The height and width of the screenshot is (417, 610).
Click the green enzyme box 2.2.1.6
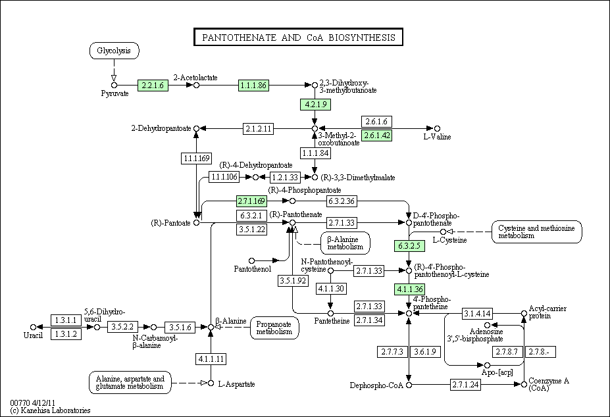153,86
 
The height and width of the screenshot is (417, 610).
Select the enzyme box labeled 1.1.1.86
253,86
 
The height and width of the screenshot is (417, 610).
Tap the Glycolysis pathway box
114,51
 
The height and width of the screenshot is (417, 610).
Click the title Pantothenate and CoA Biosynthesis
298,37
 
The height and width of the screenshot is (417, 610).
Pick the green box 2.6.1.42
376,135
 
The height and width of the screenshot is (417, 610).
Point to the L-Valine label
437,137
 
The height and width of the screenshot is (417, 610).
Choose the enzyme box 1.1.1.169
197,158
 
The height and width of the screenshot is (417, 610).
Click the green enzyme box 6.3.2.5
409,246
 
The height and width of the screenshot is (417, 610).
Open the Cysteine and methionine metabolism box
536,232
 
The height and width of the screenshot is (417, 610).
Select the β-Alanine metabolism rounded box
345,243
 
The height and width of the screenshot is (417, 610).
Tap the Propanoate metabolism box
274,328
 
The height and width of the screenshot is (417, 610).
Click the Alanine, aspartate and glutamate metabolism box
130,383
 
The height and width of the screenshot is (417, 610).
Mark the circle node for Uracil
33,327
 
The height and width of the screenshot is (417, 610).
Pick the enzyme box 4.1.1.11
211,358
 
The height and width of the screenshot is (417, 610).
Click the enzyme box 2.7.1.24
466,385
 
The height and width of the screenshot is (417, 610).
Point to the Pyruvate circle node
114,86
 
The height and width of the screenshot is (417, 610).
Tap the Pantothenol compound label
253,269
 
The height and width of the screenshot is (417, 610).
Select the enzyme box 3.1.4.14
477,313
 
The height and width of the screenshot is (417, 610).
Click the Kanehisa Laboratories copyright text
50,410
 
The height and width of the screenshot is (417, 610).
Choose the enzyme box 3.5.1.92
293,280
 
